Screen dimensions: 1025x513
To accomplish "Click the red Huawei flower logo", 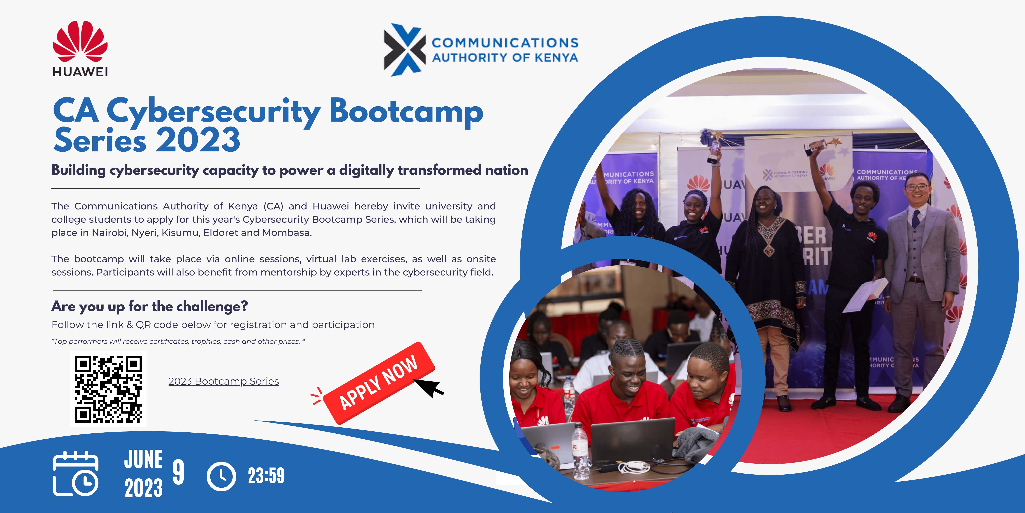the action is (x=80, y=41).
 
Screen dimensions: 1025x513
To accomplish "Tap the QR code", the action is (x=108, y=389).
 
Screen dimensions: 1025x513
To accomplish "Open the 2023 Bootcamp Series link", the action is (x=224, y=381).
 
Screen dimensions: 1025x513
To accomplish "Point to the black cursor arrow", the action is (x=429, y=387).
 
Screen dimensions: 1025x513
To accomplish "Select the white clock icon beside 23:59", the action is (x=221, y=476).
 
